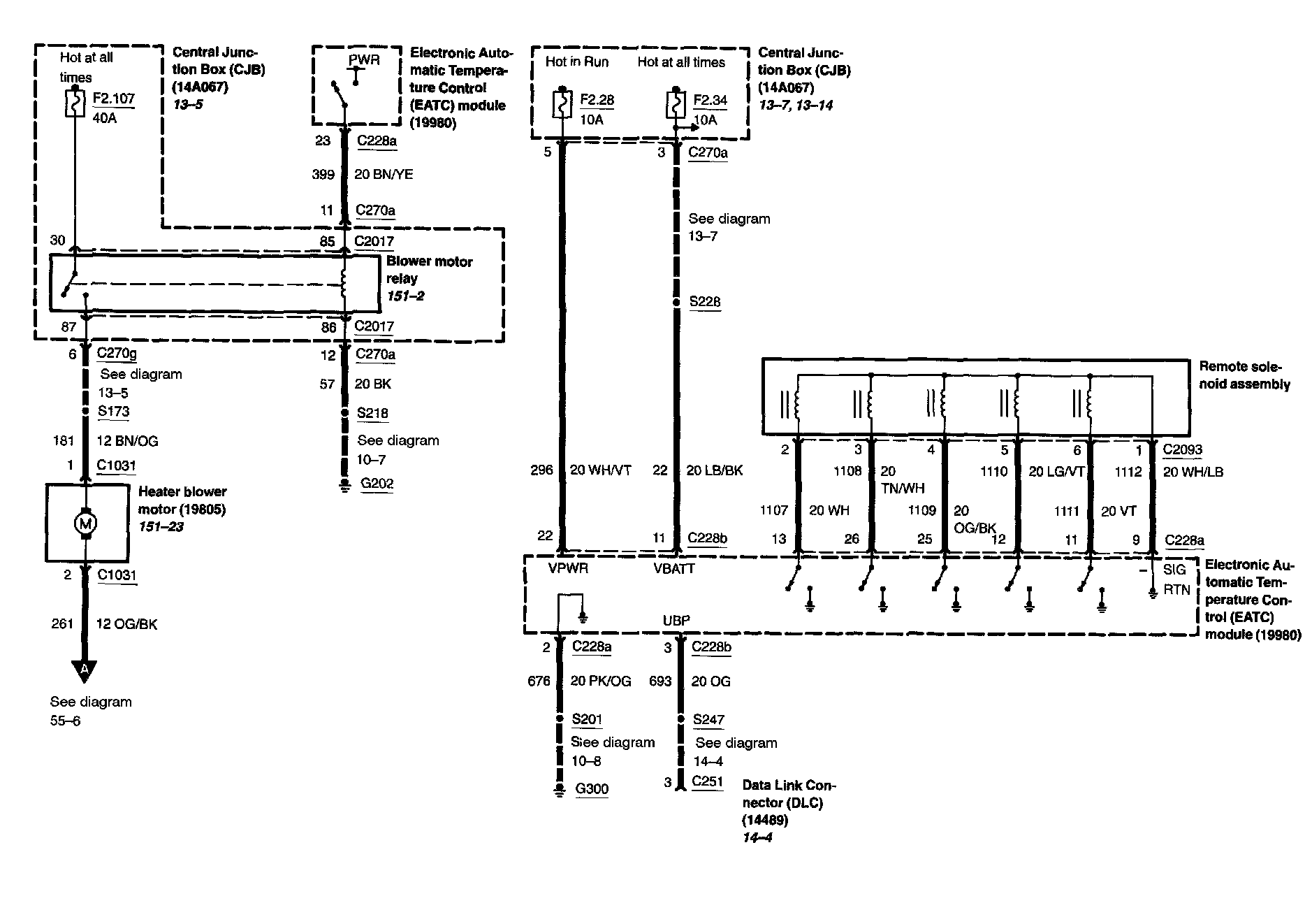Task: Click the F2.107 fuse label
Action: (x=113, y=99)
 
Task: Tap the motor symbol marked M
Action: (x=86, y=522)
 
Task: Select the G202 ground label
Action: (x=377, y=484)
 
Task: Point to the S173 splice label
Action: (x=113, y=411)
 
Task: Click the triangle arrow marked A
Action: (x=85, y=670)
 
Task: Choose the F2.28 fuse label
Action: (x=597, y=100)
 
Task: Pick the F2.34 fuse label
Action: (x=710, y=100)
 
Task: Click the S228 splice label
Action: (x=704, y=302)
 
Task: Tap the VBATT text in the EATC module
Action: (x=674, y=569)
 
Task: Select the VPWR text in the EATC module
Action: (x=568, y=569)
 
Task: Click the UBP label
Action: (x=676, y=621)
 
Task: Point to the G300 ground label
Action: (x=591, y=789)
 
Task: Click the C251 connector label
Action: (x=707, y=781)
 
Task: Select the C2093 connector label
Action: (x=1182, y=449)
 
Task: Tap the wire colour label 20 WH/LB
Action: (x=1193, y=472)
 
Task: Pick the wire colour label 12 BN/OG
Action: (x=127, y=441)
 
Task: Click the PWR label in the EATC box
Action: (x=364, y=60)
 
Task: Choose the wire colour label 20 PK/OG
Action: (x=600, y=681)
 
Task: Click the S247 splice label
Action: (x=708, y=719)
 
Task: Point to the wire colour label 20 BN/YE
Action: (x=384, y=174)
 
